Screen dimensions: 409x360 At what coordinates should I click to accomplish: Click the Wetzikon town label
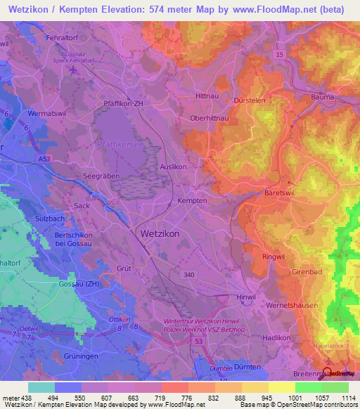tap(160, 233)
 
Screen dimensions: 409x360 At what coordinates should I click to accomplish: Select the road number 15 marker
tap(280, 54)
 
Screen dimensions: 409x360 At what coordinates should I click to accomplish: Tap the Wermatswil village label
tap(46, 112)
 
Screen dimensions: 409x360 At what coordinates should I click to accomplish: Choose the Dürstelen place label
tap(250, 100)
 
